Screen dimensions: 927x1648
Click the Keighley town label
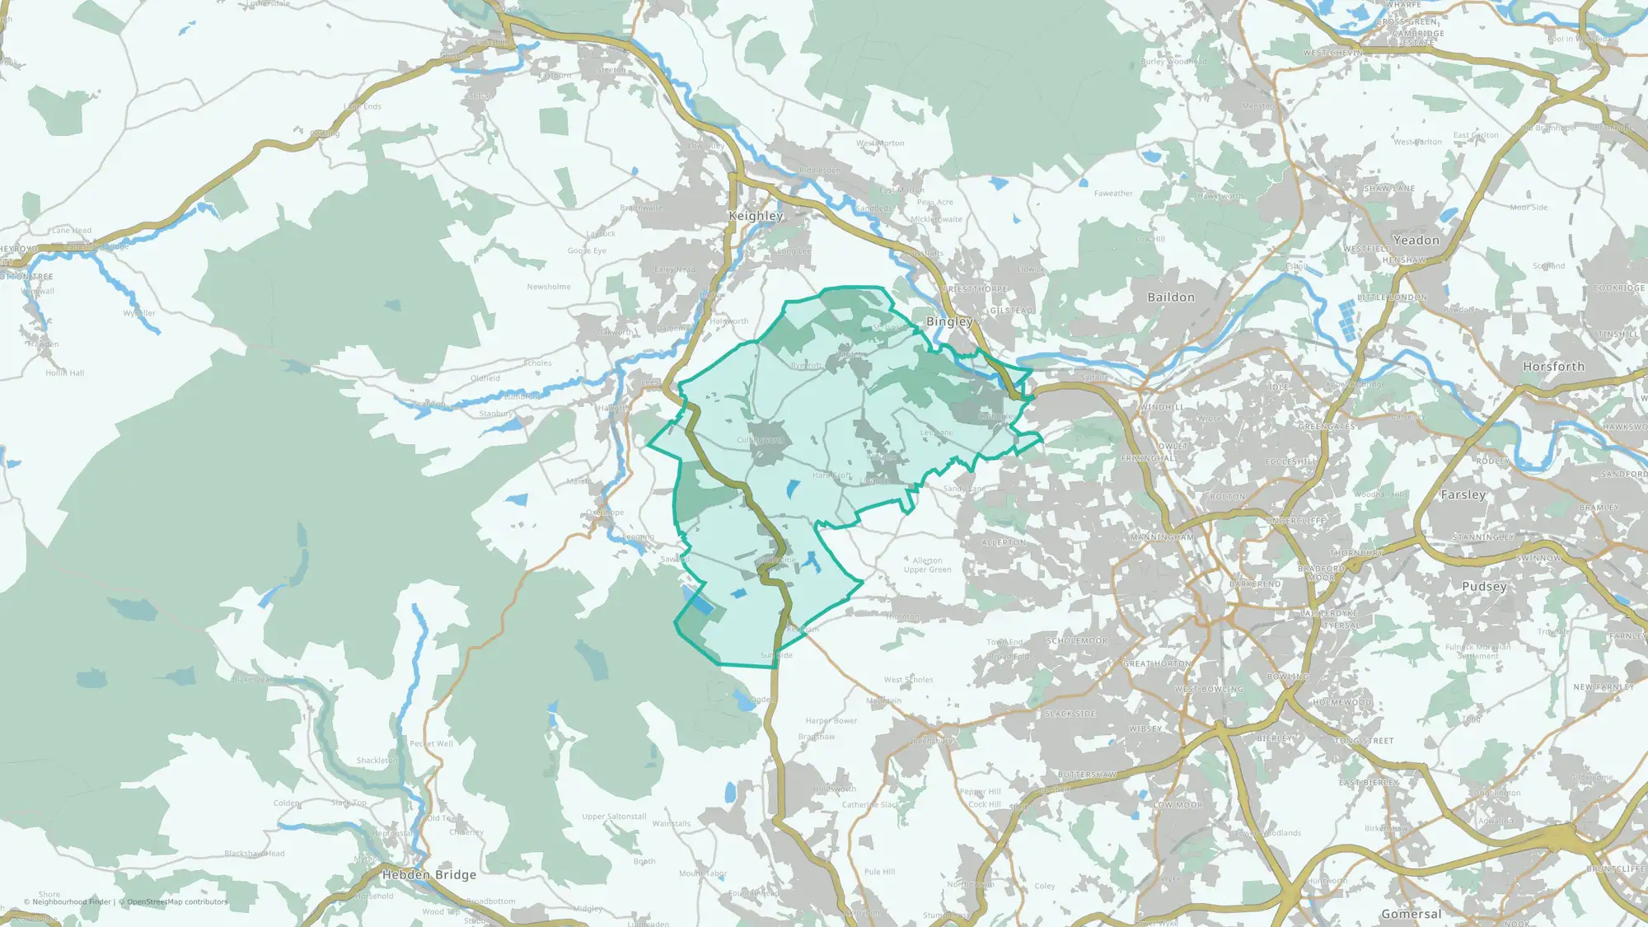[756, 216]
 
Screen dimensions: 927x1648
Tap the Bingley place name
[949, 321]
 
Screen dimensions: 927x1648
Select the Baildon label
[1171, 297]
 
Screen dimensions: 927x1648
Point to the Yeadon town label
[1416, 241]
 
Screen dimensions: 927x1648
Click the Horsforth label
[1553, 367]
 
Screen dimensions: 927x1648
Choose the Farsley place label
[1463, 495]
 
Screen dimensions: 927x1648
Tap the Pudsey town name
[1484, 587]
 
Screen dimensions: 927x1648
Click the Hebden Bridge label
[429, 875]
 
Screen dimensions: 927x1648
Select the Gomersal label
[1412, 914]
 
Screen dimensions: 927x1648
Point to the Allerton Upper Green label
[928, 565]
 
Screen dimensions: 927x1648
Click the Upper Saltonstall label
[614, 817]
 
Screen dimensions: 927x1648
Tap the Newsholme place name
[549, 287]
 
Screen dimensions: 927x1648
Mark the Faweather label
[1113, 194]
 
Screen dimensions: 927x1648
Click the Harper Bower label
[831, 721]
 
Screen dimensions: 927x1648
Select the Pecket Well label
[432, 744]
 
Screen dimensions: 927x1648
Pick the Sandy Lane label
[964, 489]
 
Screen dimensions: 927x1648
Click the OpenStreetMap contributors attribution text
[177, 902]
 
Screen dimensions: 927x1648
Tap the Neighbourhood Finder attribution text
[72, 902]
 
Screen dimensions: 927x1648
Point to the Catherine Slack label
[871, 805]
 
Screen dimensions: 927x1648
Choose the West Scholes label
[909, 680]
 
